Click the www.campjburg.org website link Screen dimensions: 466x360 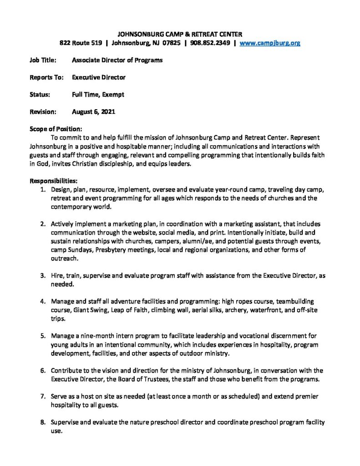[x=270, y=43]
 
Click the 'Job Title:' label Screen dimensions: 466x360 [x=43, y=60]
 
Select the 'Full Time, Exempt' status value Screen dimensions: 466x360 [x=98, y=95]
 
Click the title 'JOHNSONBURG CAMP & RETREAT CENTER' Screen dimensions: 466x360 [x=180, y=34]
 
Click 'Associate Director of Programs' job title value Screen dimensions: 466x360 [x=117, y=60]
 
